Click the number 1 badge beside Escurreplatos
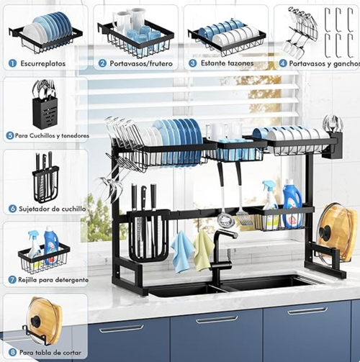pyautogui.click(x=12, y=63)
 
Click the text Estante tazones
pyautogui.click(x=226, y=63)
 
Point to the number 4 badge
pyautogui.click(x=283, y=63)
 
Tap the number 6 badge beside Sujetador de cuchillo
pyautogui.click(x=12, y=208)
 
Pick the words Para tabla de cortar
pyautogui.click(x=51, y=353)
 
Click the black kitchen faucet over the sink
pyautogui.click(x=220, y=252)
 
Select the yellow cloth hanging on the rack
pyautogui.click(x=204, y=248)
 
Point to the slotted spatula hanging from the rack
pyautogui.click(x=243, y=213)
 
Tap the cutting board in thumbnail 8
pyautogui.click(x=45, y=320)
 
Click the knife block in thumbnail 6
pyautogui.click(x=45, y=184)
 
